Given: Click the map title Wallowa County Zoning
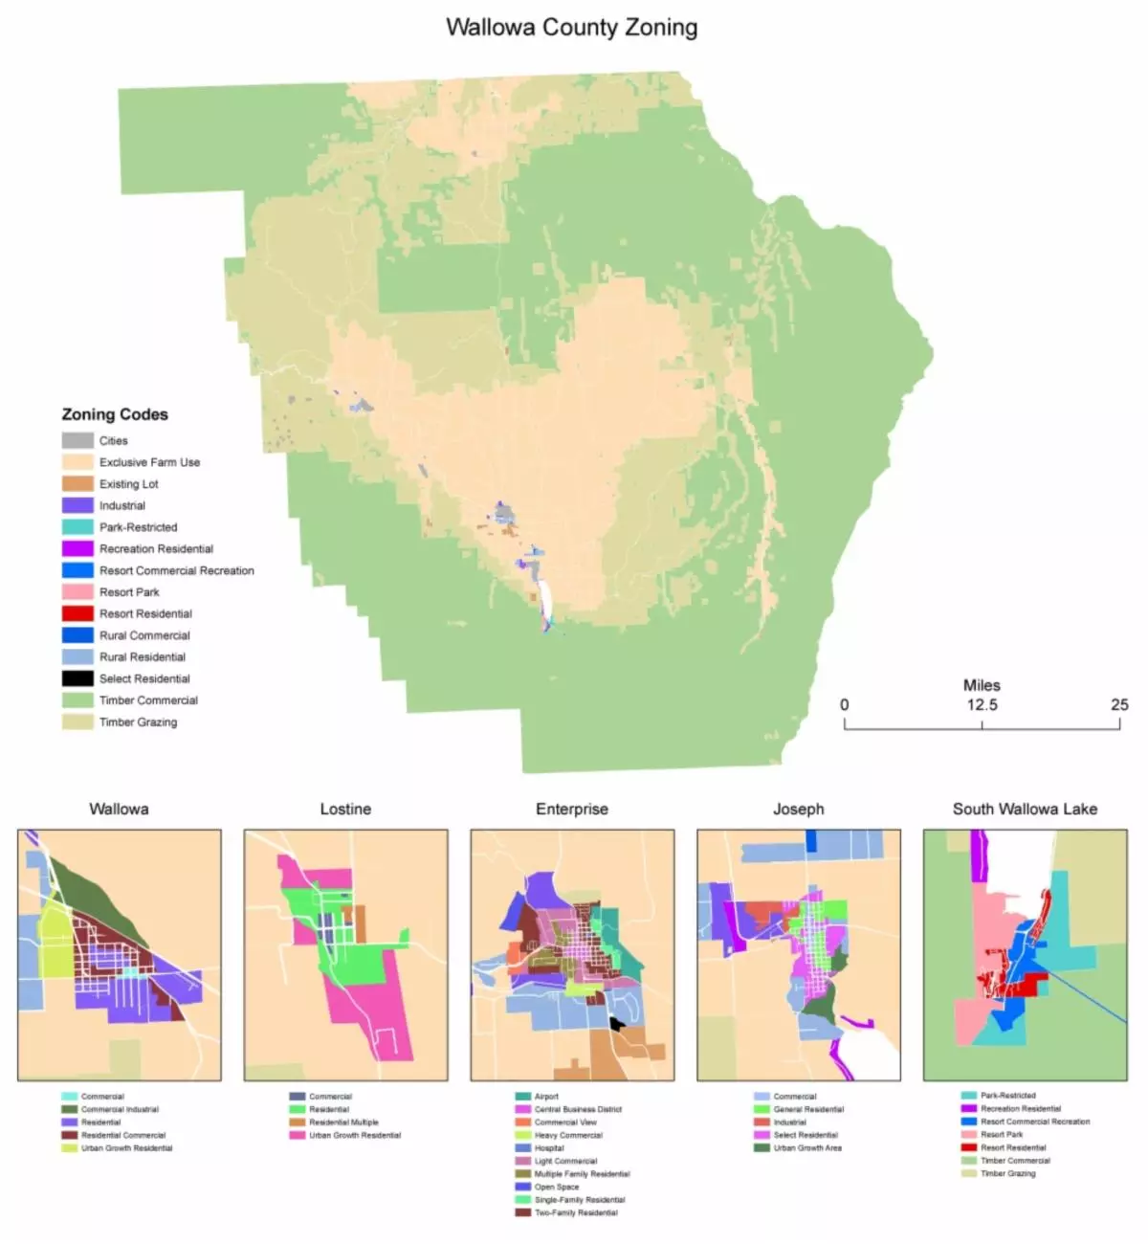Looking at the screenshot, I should [571, 27].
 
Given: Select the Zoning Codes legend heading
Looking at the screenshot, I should [115, 414].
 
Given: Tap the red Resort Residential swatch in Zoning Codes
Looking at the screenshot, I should [77, 613].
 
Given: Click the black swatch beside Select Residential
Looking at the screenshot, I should [77, 678].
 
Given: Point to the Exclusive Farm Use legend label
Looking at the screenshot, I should [149, 462].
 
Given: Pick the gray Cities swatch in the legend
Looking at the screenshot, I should [77, 440].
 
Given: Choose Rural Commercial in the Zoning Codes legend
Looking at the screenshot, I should [144, 635].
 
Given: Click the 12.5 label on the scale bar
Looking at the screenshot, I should [982, 705].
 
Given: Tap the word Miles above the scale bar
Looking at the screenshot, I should [982, 685].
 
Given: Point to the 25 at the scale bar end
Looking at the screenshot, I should [1119, 705].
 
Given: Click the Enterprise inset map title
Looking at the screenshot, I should [571, 810].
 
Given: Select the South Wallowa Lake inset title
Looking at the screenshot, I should [1025, 810].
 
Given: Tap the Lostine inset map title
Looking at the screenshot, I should [345, 810].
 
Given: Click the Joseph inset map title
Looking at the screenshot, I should [798, 810].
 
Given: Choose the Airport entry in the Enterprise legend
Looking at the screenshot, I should [546, 1097].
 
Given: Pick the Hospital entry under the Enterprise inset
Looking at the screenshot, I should [549, 1148].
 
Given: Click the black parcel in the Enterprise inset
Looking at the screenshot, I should [616, 1024].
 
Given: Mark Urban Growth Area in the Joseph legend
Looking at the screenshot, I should [807, 1148].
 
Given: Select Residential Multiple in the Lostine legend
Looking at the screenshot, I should [343, 1122].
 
